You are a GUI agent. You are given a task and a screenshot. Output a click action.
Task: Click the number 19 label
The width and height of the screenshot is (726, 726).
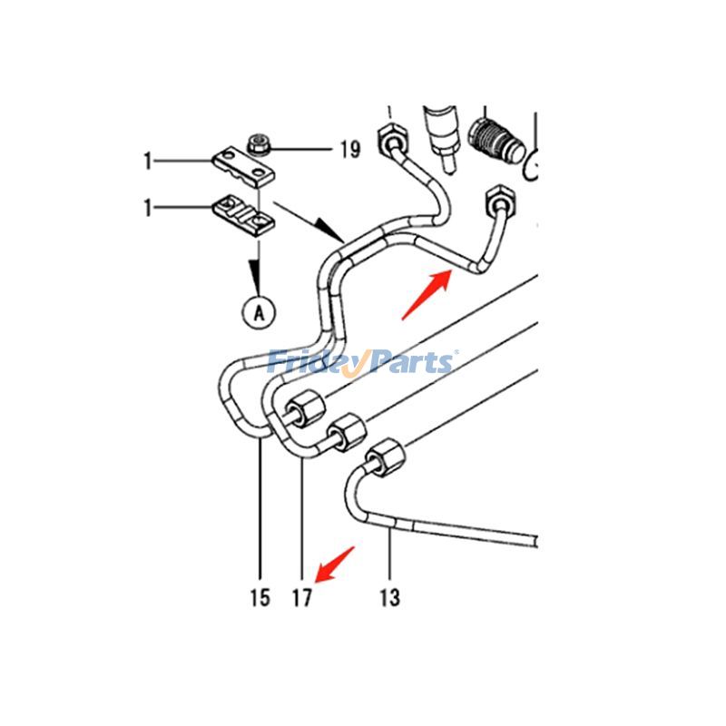click(x=350, y=149)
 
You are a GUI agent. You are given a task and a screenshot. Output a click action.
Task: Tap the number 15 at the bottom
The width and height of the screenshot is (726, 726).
click(x=260, y=597)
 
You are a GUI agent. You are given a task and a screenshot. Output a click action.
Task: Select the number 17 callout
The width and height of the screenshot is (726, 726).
click(x=301, y=597)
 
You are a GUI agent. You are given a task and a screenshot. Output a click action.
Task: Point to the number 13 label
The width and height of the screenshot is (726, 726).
click(x=388, y=597)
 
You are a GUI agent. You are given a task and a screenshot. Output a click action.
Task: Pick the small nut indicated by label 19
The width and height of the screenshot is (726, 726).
click(x=258, y=142)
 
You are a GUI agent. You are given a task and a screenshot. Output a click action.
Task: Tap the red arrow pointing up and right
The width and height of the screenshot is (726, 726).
click(x=427, y=294)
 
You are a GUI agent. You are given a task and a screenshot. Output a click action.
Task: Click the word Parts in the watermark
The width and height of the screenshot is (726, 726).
click(x=408, y=363)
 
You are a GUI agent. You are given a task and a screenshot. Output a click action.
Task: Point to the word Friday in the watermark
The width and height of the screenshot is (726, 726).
click(x=314, y=363)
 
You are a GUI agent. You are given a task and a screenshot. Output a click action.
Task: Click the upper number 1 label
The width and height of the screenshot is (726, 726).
click(x=147, y=162)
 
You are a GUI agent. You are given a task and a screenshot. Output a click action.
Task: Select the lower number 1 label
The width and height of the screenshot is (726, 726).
click(x=147, y=208)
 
